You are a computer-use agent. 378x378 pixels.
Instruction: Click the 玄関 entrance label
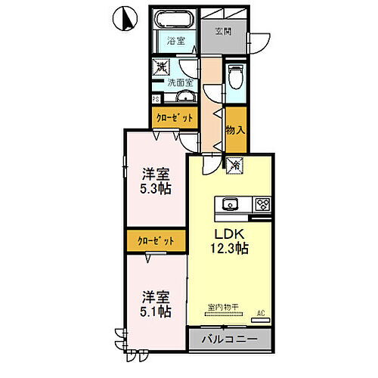[x=223, y=32]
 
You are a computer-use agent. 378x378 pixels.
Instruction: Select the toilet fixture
[x=236, y=76]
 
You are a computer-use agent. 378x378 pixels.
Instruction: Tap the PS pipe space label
[x=156, y=98]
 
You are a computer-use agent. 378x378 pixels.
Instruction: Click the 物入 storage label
[x=235, y=130]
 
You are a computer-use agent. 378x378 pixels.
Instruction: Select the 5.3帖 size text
[x=155, y=187]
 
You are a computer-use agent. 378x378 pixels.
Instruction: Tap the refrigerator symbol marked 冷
[x=235, y=164]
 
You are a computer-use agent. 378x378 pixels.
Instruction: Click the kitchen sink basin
[x=231, y=203]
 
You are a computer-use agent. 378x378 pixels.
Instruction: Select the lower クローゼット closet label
[x=156, y=240]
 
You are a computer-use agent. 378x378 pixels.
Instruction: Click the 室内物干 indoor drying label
[x=223, y=307]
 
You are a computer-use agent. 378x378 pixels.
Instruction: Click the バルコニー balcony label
[x=229, y=339]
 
